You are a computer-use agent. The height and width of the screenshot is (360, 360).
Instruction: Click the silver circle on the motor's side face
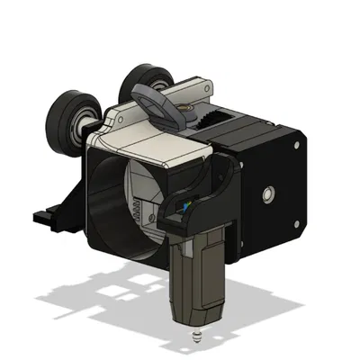pos(268,193)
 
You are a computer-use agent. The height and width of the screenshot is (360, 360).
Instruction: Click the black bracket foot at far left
pos(43,216)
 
